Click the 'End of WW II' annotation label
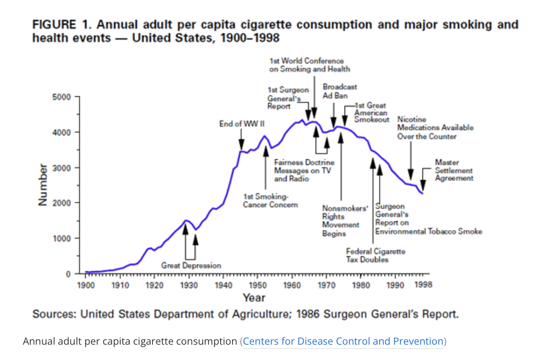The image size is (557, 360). click(242, 124)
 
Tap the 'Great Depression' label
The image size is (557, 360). click(191, 265)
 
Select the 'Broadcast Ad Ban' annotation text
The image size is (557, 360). click(339, 91)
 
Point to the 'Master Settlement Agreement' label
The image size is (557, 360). click(454, 170)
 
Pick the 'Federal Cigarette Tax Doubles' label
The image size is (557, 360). click(375, 255)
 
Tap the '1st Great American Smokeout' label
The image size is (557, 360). click(371, 112)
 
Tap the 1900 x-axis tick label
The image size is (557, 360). click(86, 285)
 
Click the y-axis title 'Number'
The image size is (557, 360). click(42, 185)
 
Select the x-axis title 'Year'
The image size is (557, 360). click(254, 297)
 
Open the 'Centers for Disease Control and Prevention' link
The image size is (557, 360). click(343, 341)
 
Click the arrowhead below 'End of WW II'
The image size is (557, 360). click(241, 146)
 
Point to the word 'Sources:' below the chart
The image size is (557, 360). click(54, 314)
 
